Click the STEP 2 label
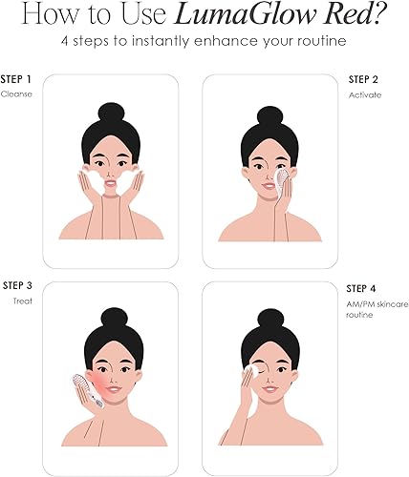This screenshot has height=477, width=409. coord(364,79)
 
